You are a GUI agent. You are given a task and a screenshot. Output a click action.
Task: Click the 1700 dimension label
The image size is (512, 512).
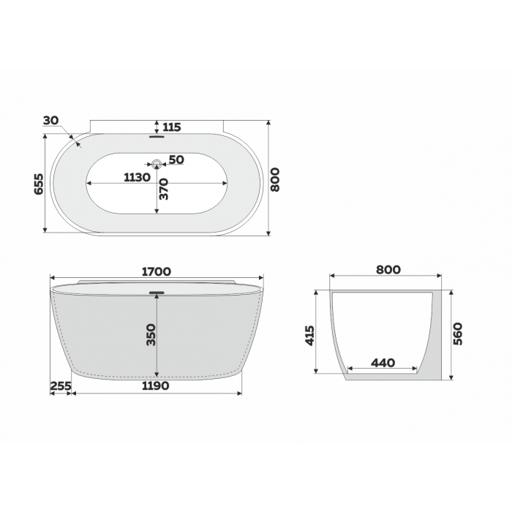pyautogui.click(x=157, y=271)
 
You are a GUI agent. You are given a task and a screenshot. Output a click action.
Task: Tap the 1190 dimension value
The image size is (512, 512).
pyautogui.click(x=156, y=386)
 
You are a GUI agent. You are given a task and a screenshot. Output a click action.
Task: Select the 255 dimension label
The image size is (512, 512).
pyautogui.click(x=61, y=386)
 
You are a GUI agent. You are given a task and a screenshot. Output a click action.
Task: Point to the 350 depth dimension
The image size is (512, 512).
pyautogui.click(x=151, y=335)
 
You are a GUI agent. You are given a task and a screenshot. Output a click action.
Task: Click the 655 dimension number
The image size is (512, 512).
pyautogui.click(x=39, y=184)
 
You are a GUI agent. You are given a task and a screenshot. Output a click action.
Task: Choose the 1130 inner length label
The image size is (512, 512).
pyautogui.click(x=138, y=178)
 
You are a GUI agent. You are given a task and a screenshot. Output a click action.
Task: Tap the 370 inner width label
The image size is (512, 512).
pyautogui.click(x=163, y=189)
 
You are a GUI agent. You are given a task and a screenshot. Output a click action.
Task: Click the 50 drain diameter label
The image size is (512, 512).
pyautogui.click(x=176, y=159)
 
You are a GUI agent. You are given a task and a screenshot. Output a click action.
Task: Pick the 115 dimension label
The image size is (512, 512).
pyautogui.click(x=172, y=127)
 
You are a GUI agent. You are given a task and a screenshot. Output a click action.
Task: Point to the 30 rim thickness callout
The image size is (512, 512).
pyautogui.click(x=51, y=121)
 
